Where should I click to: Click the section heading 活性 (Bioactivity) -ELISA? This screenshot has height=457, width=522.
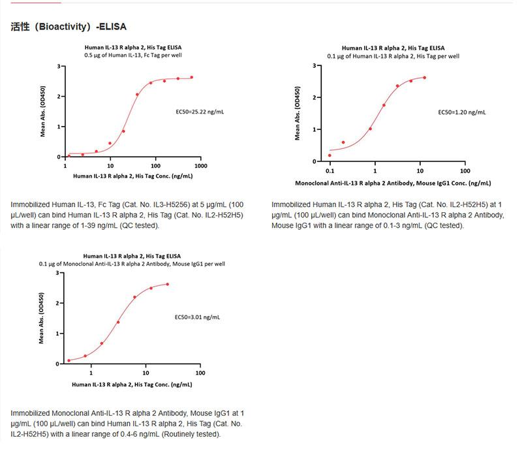click(69, 27)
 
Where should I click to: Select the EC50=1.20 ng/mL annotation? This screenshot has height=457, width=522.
click(461, 112)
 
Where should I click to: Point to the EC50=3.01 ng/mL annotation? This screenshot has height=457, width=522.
click(197, 317)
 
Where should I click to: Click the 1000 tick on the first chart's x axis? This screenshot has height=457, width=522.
click(200, 166)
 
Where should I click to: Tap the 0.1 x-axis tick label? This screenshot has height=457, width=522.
click(330, 171)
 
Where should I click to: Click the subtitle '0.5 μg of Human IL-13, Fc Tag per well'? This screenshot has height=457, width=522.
click(133, 56)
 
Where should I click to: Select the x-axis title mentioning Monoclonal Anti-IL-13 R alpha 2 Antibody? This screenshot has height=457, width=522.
click(393, 183)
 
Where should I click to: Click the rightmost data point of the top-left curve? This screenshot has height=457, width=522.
click(191, 77)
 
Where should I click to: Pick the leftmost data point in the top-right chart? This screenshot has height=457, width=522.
click(330, 155)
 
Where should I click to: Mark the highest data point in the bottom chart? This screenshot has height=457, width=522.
click(168, 284)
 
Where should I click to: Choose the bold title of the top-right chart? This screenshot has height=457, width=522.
click(393, 48)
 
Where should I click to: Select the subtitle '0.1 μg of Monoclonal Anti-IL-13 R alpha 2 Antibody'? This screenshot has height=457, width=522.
click(133, 264)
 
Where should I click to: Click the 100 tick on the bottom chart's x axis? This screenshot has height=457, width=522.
click(200, 373)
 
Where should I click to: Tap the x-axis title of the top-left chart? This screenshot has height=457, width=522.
click(133, 176)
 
